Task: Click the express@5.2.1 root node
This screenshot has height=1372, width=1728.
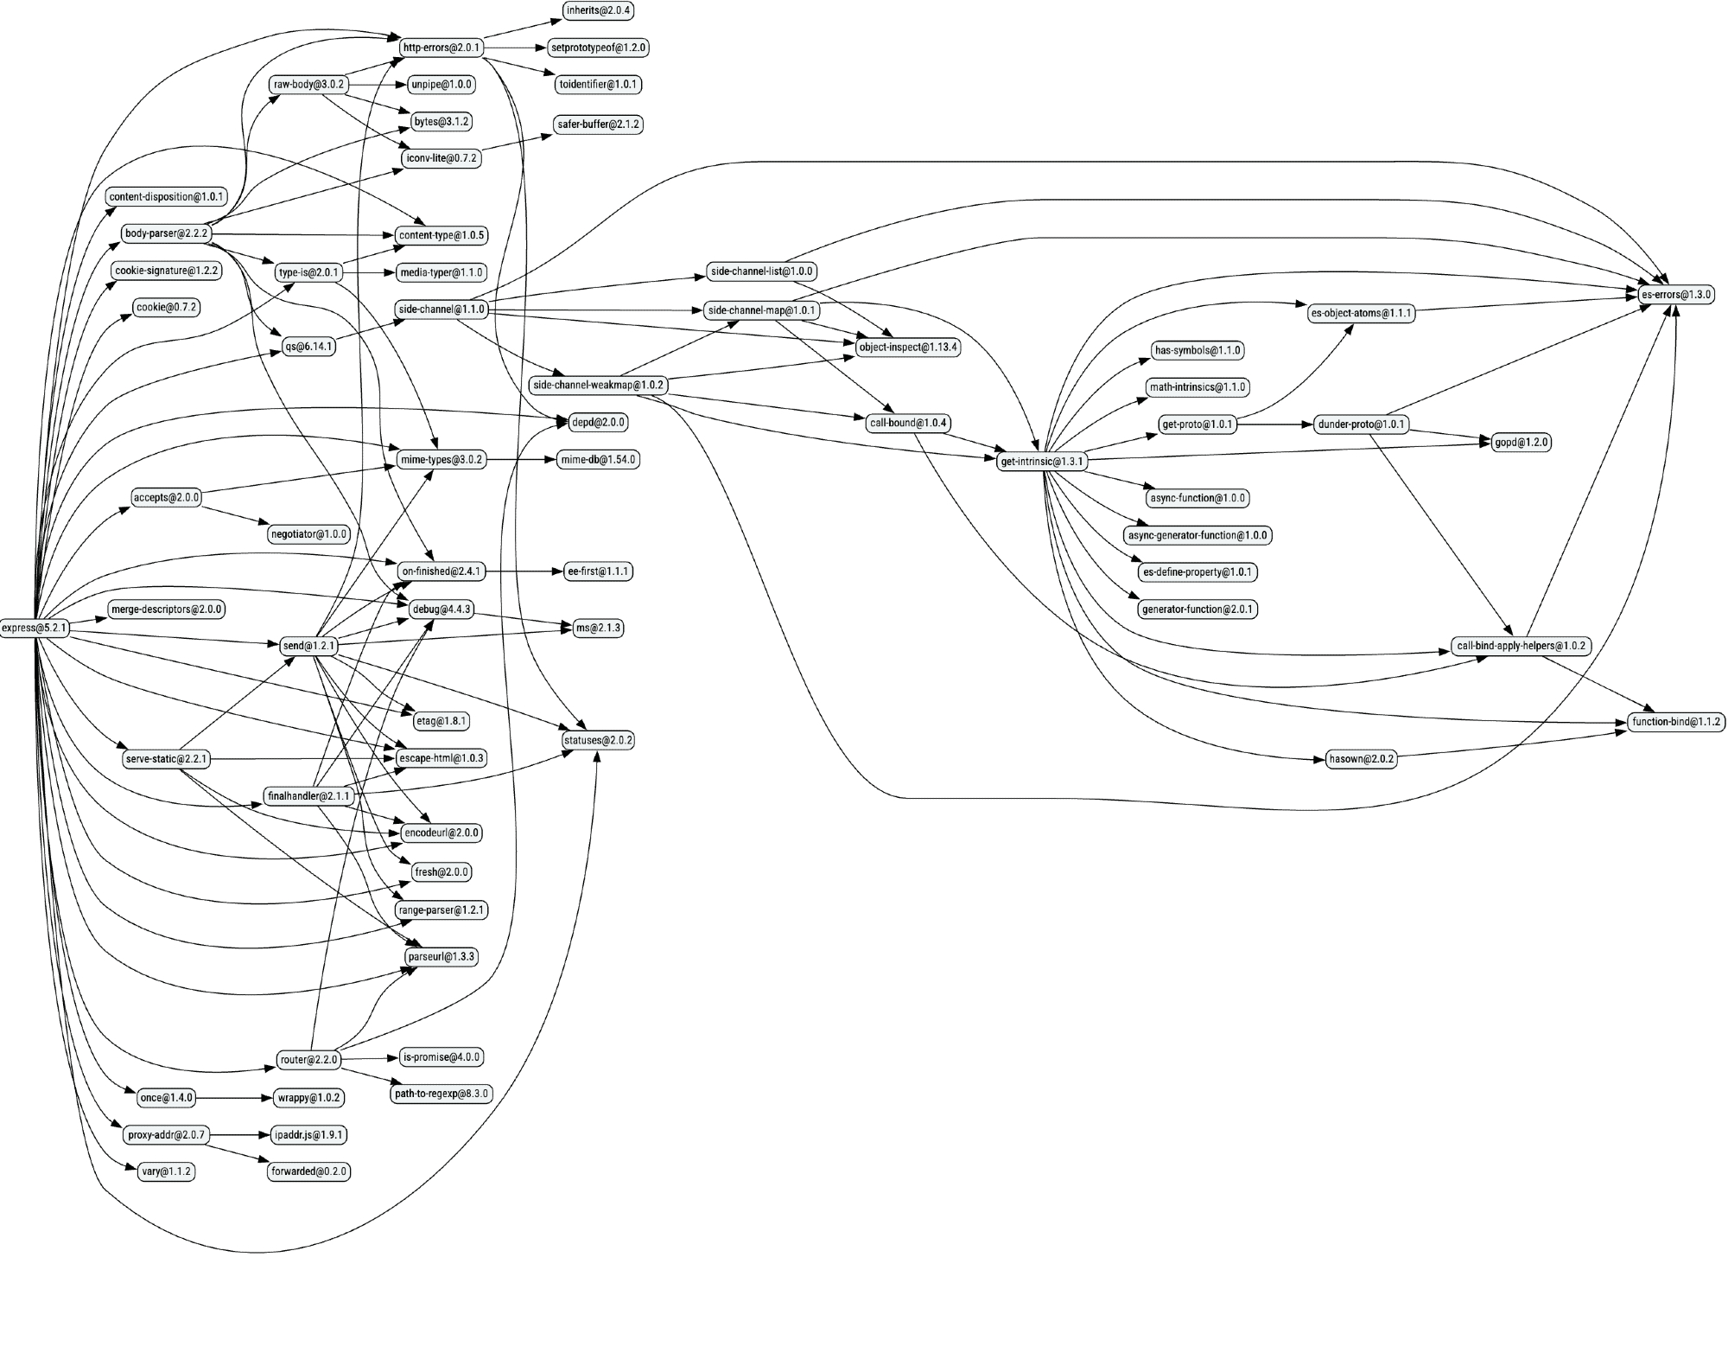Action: tap(34, 628)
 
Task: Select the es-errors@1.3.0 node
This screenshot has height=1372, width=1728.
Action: tap(1676, 295)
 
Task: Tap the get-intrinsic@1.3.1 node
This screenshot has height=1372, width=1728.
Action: tap(1041, 462)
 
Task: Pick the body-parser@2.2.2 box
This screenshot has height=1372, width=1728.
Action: tap(166, 233)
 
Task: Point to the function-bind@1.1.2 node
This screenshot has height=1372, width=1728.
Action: tap(1676, 722)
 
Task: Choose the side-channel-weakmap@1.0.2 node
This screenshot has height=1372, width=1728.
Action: tap(599, 386)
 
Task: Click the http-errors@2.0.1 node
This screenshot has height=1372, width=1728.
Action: tap(441, 48)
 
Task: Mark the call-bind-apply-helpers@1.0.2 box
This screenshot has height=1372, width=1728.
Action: tap(1522, 646)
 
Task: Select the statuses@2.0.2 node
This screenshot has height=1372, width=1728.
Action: tap(598, 741)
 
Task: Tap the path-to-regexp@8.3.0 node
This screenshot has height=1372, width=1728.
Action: tap(442, 1094)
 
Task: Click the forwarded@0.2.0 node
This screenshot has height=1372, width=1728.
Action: tap(308, 1171)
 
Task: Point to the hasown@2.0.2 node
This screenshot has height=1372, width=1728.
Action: tap(1362, 759)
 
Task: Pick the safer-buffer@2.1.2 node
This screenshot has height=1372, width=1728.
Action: tap(598, 124)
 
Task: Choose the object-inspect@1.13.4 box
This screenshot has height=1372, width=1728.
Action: tap(908, 348)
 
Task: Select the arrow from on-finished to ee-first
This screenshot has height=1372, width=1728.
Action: tap(522, 571)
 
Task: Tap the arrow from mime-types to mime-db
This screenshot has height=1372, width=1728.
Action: tap(518, 460)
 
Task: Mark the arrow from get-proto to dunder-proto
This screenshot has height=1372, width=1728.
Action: tap(1274, 424)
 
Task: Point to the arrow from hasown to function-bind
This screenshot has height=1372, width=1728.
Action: tap(1512, 745)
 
